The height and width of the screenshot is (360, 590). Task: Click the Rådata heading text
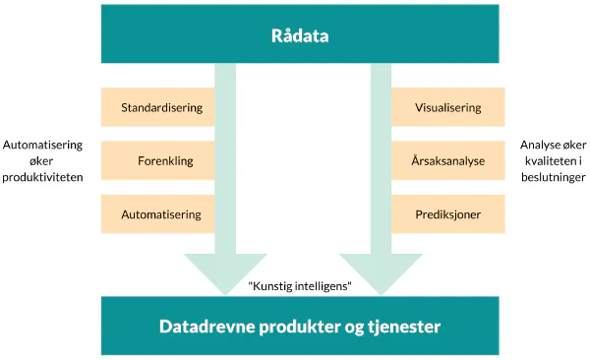[299, 37]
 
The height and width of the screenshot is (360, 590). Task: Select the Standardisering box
[161, 107]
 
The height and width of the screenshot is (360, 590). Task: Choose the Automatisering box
[161, 214]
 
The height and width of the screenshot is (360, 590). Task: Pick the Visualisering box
[448, 107]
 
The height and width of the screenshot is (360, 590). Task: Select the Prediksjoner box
[448, 214]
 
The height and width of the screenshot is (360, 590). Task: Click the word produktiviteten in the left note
[42, 177]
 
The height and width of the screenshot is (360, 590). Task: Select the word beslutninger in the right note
[553, 179]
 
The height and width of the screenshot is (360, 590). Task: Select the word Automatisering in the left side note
[42, 143]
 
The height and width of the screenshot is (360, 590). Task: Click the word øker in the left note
[42, 160]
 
